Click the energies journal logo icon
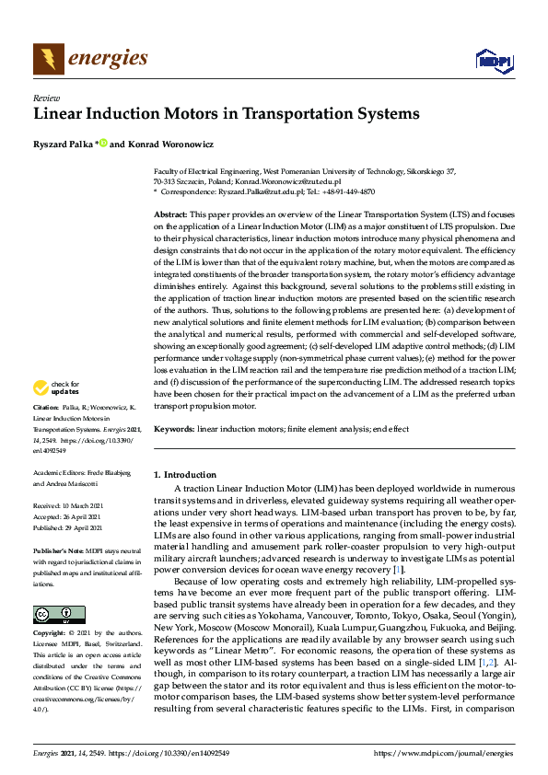click(47, 59)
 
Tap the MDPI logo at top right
click(493, 61)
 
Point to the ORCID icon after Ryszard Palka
click(103, 142)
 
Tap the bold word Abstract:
click(170, 214)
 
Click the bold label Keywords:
click(173, 429)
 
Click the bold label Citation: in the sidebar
click(46, 431)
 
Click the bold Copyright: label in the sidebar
click(50, 634)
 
